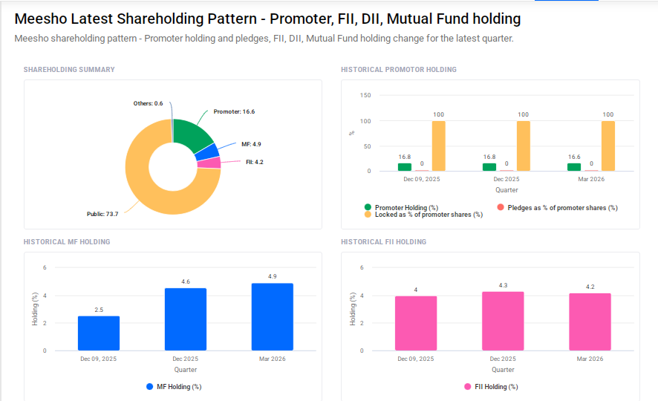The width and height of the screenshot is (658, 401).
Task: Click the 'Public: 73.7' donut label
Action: click(x=102, y=214)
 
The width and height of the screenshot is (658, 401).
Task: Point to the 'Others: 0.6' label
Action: click(x=148, y=103)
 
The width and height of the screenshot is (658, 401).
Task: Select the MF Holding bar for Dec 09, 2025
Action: click(x=99, y=333)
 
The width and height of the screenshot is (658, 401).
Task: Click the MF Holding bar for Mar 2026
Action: click(x=273, y=317)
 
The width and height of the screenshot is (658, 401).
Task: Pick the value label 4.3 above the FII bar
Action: click(x=503, y=285)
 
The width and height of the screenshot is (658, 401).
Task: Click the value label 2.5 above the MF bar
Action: click(x=99, y=310)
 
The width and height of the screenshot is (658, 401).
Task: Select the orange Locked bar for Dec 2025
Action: click(x=523, y=146)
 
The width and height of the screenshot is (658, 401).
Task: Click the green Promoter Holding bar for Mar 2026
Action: click(x=574, y=167)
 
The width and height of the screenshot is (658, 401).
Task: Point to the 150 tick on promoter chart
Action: click(x=365, y=95)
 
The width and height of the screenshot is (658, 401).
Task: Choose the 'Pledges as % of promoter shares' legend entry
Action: click(x=557, y=208)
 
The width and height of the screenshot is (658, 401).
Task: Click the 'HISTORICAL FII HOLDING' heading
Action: click(x=383, y=242)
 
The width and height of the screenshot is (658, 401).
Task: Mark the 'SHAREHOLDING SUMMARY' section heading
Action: click(x=69, y=70)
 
